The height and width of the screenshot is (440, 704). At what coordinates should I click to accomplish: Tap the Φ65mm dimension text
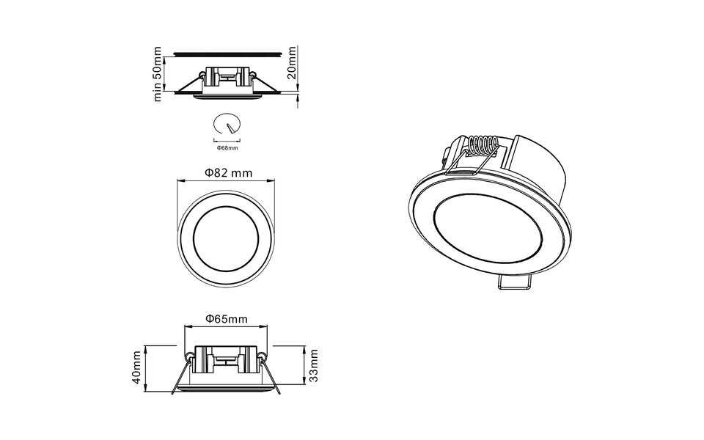click(x=225, y=318)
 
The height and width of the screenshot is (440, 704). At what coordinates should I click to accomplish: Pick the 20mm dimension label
click(x=292, y=65)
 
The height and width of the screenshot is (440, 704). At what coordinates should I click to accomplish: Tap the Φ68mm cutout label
click(x=228, y=147)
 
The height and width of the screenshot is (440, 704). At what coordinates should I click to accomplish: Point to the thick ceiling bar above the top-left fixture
click(x=227, y=54)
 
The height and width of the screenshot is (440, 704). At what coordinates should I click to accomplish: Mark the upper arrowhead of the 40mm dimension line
click(x=146, y=346)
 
